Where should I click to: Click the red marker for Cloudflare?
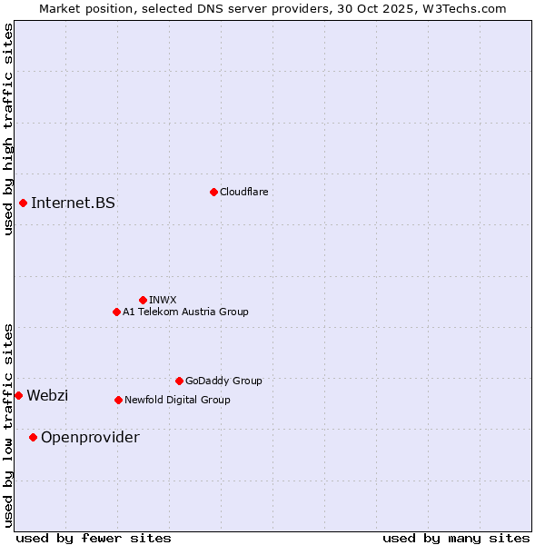pos(213,192)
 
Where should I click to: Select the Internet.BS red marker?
pos(23,203)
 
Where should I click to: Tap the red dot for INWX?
pos(143,300)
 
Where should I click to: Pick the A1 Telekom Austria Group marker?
pos(116,312)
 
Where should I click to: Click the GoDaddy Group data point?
pos(179,381)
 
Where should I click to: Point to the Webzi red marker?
pos(18,395)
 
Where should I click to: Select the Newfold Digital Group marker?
pos(118,400)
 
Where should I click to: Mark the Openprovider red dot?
pos(33,437)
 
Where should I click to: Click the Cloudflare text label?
pos(243,192)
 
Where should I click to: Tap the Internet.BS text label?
pos(73,203)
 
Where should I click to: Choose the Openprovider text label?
pos(90,437)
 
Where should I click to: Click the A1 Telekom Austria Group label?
pos(185,312)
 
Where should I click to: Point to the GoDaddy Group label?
pos(223,381)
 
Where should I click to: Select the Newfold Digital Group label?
pos(177,400)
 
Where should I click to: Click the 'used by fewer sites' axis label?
pos(94,538)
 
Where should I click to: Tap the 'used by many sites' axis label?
pos(456,538)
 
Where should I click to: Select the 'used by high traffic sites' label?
pos(8,129)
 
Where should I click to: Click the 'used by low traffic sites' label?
pos(8,424)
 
